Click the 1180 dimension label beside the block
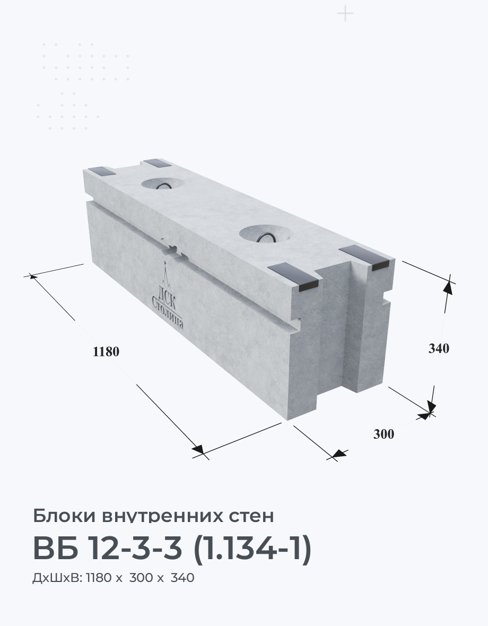click(x=106, y=351)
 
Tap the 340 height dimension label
click(x=439, y=348)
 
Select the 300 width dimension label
click(x=384, y=433)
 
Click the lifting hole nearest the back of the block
click(x=162, y=184)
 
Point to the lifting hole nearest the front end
click(x=265, y=233)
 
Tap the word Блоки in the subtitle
click(x=64, y=516)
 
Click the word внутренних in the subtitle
click(x=162, y=516)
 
